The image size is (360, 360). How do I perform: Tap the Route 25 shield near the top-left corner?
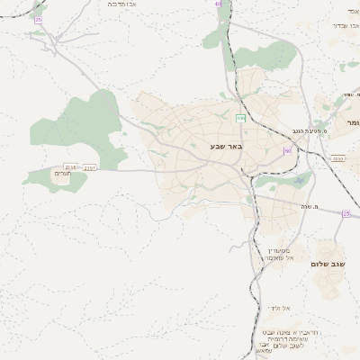coord(38,19)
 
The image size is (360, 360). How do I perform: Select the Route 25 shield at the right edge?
coord(346,213)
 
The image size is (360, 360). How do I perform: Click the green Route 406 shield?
coord(240,118)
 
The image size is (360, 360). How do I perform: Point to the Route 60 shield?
coord(287,151)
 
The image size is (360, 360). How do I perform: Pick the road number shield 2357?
coord(90,166)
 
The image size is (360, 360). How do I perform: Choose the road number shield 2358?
coord(71,166)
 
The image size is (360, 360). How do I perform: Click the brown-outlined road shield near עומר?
coord(337,158)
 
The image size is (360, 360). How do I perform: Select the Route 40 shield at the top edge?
coord(218,4)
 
